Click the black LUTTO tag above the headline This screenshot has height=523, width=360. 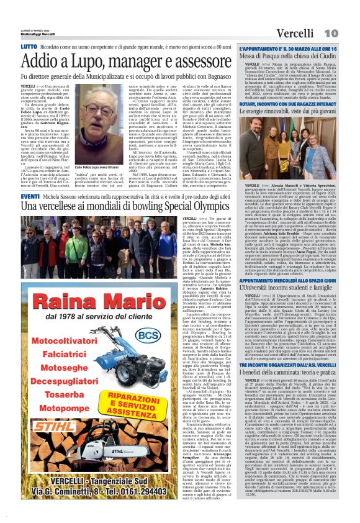pyautogui.click(x=29, y=47)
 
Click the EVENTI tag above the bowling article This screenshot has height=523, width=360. pyautogui.click(x=30, y=196)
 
